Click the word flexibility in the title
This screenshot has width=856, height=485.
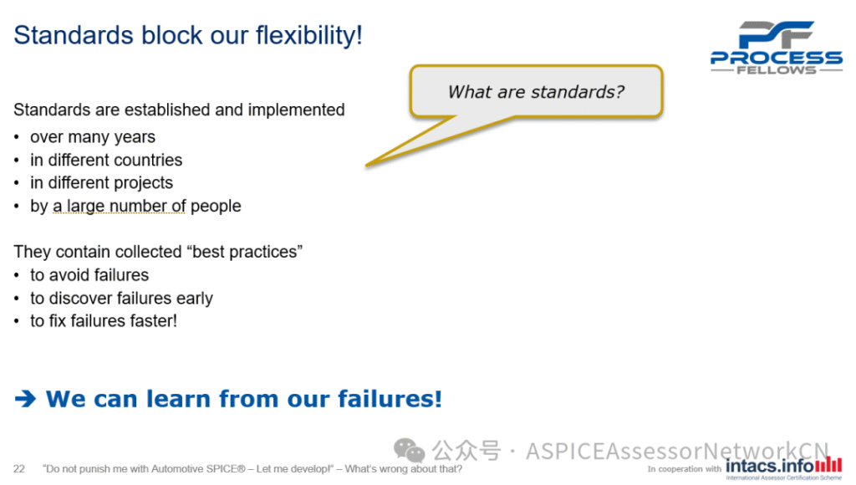click(x=309, y=35)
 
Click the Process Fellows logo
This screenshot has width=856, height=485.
click(x=777, y=48)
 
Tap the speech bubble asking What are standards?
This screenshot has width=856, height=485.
click(x=536, y=92)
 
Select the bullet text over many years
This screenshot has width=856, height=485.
click(x=93, y=137)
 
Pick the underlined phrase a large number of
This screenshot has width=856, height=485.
click(x=120, y=206)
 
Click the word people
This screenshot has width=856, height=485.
click(x=216, y=207)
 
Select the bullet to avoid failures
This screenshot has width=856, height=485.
click(x=89, y=275)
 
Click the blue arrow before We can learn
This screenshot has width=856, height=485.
click(x=25, y=399)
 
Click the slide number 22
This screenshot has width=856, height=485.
click(x=19, y=469)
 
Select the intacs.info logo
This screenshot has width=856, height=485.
click(x=783, y=467)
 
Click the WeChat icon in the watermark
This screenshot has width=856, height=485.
click(x=409, y=450)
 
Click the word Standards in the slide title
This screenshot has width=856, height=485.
click(x=74, y=35)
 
